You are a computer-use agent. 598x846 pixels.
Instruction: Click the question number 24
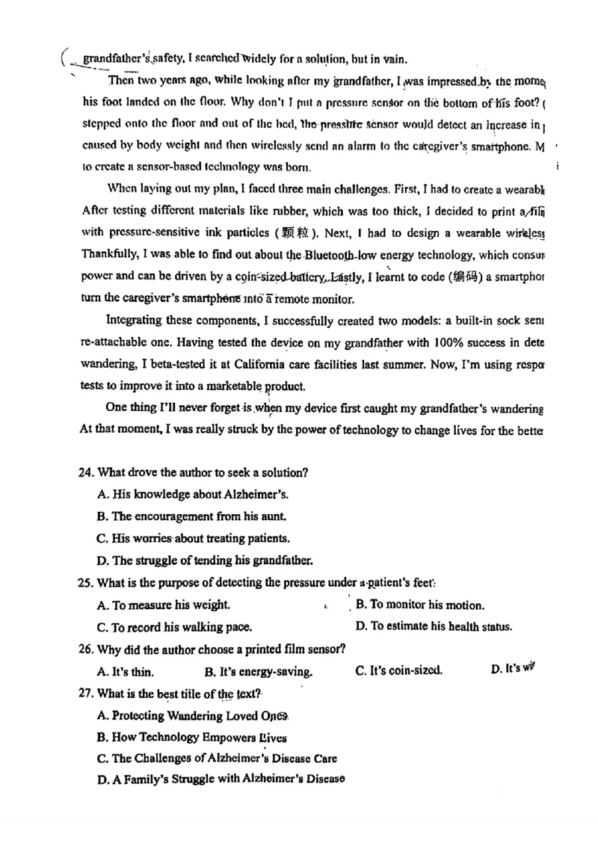click(x=87, y=472)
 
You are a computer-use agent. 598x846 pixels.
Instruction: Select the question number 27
click(x=87, y=694)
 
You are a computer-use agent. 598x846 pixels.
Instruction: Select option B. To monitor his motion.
click(x=419, y=605)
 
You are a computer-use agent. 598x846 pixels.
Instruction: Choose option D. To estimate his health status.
click(x=434, y=627)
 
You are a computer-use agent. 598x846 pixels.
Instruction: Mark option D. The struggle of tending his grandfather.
click(x=205, y=561)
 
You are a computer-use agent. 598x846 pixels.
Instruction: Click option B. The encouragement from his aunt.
click(x=191, y=516)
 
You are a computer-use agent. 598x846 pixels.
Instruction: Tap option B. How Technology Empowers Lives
click(x=191, y=738)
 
